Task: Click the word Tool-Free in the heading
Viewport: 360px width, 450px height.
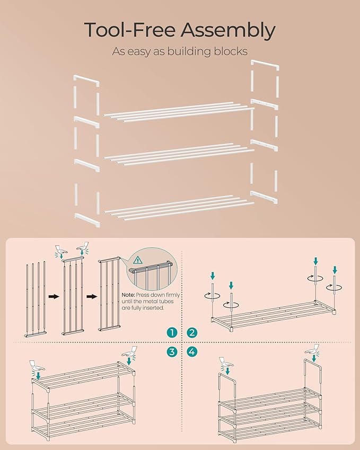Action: [x=126, y=31]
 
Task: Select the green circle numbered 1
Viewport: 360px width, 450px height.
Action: [x=171, y=333]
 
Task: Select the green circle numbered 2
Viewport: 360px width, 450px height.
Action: [x=192, y=333]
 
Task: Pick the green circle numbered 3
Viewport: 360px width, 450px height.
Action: [x=171, y=351]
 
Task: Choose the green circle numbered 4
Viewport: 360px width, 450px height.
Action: [x=192, y=351]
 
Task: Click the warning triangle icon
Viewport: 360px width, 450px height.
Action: [x=139, y=260]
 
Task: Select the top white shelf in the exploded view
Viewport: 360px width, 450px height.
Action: [x=178, y=112]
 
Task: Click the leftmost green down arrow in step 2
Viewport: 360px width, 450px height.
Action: [x=213, y=276]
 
